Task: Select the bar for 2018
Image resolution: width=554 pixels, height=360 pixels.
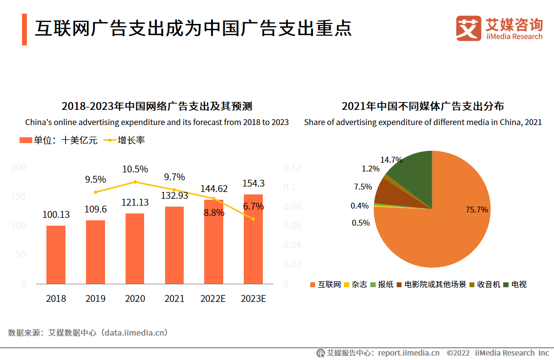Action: [56, 254]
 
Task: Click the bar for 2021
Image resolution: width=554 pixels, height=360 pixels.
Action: [174, 245]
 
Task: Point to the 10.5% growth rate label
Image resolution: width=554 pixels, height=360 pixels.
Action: [135, 169]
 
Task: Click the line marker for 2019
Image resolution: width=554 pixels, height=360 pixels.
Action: [95, 192]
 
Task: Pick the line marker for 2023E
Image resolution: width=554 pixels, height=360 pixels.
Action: [253, 219]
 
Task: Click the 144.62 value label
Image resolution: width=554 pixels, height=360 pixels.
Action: [214, 189]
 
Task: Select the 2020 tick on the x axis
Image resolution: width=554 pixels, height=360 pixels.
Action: [135, 298]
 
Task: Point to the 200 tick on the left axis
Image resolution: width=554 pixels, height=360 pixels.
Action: [19, 168]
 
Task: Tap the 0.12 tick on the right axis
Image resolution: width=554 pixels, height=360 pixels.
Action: [293, 168]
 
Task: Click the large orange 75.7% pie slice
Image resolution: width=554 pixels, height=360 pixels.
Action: [440, 230]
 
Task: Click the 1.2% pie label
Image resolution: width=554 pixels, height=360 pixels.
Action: [370, 169]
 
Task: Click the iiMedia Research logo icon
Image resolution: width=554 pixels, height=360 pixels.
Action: [469, 28]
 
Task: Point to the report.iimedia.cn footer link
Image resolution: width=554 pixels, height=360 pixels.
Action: [408, 353]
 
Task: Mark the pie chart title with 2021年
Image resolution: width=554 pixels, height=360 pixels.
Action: [423, 106]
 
